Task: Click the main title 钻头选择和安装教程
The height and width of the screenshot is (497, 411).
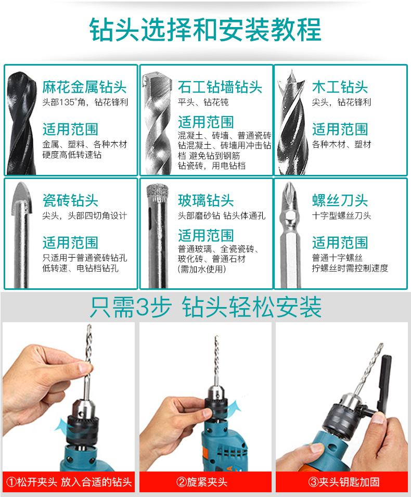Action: (205, 30)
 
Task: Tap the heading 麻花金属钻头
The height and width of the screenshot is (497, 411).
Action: (85, 87)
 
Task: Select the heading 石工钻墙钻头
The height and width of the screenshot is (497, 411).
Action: (220, 87)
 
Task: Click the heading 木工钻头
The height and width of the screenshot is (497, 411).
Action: (340, 87)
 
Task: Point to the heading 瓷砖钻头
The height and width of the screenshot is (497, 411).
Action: (70, 200)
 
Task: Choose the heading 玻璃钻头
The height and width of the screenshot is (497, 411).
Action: (205, 200)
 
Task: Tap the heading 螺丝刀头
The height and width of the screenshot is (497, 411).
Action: (340, 200)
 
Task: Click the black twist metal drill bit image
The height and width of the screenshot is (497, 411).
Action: (21, 123)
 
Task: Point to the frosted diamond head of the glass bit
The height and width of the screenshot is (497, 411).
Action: (157, 193)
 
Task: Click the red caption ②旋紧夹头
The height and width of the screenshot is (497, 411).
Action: (202, 482)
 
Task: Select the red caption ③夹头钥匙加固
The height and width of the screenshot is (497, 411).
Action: (344, 482)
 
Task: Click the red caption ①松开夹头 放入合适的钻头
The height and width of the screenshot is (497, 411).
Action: (69, 482)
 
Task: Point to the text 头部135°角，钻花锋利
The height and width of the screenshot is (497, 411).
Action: (85, 103)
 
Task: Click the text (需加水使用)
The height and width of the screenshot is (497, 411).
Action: (202, 269)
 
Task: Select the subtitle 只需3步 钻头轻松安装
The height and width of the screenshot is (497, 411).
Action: (205, 307)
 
